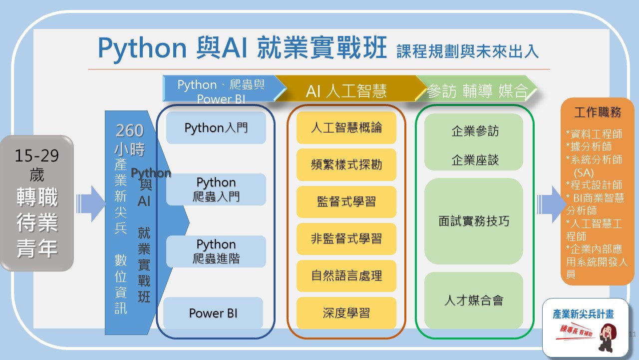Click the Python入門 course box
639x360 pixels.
pyautogui.click(x=216, y=128)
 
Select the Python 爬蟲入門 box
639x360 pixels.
pyautogui.click(x=216, y=189)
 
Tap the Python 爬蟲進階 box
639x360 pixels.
pyautogui.click(x=216, y=251)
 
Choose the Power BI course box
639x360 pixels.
pyautogui.click(x=213, y=313)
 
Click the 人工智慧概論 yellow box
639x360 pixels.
pyautogui.click(x=346, y=127)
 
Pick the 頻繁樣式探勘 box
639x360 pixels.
pyautogui.click(x=346, y=164)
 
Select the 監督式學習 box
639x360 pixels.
pyautogui.click(x=346, y=201)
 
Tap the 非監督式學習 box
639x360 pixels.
pyautogui.click(x=346, y=238)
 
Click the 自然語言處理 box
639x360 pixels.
pyautogui.click(x=346, y=275)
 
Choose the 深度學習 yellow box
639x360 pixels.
pyautogui.click(x=346, y=312)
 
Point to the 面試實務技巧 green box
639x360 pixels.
pyautogui.click(x=474, y=221)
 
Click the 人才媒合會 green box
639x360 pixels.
pyautogui.click(x=474, y=300)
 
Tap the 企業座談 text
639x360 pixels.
pyautogui.click(x=475, y=160)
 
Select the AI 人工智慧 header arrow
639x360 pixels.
pyautogui.click(x=346, y=90)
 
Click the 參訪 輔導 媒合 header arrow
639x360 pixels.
pyautogui.click(x=477, y=90)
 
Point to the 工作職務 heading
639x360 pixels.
pyautogui.click(x=598, y=112)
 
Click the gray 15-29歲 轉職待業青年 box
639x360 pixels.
pyautogui.click(x=37, y=203)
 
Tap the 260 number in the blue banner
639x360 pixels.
pyautogui.click(x=129, y=130)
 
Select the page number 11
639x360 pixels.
pyautogui.click(x=633, y=333)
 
